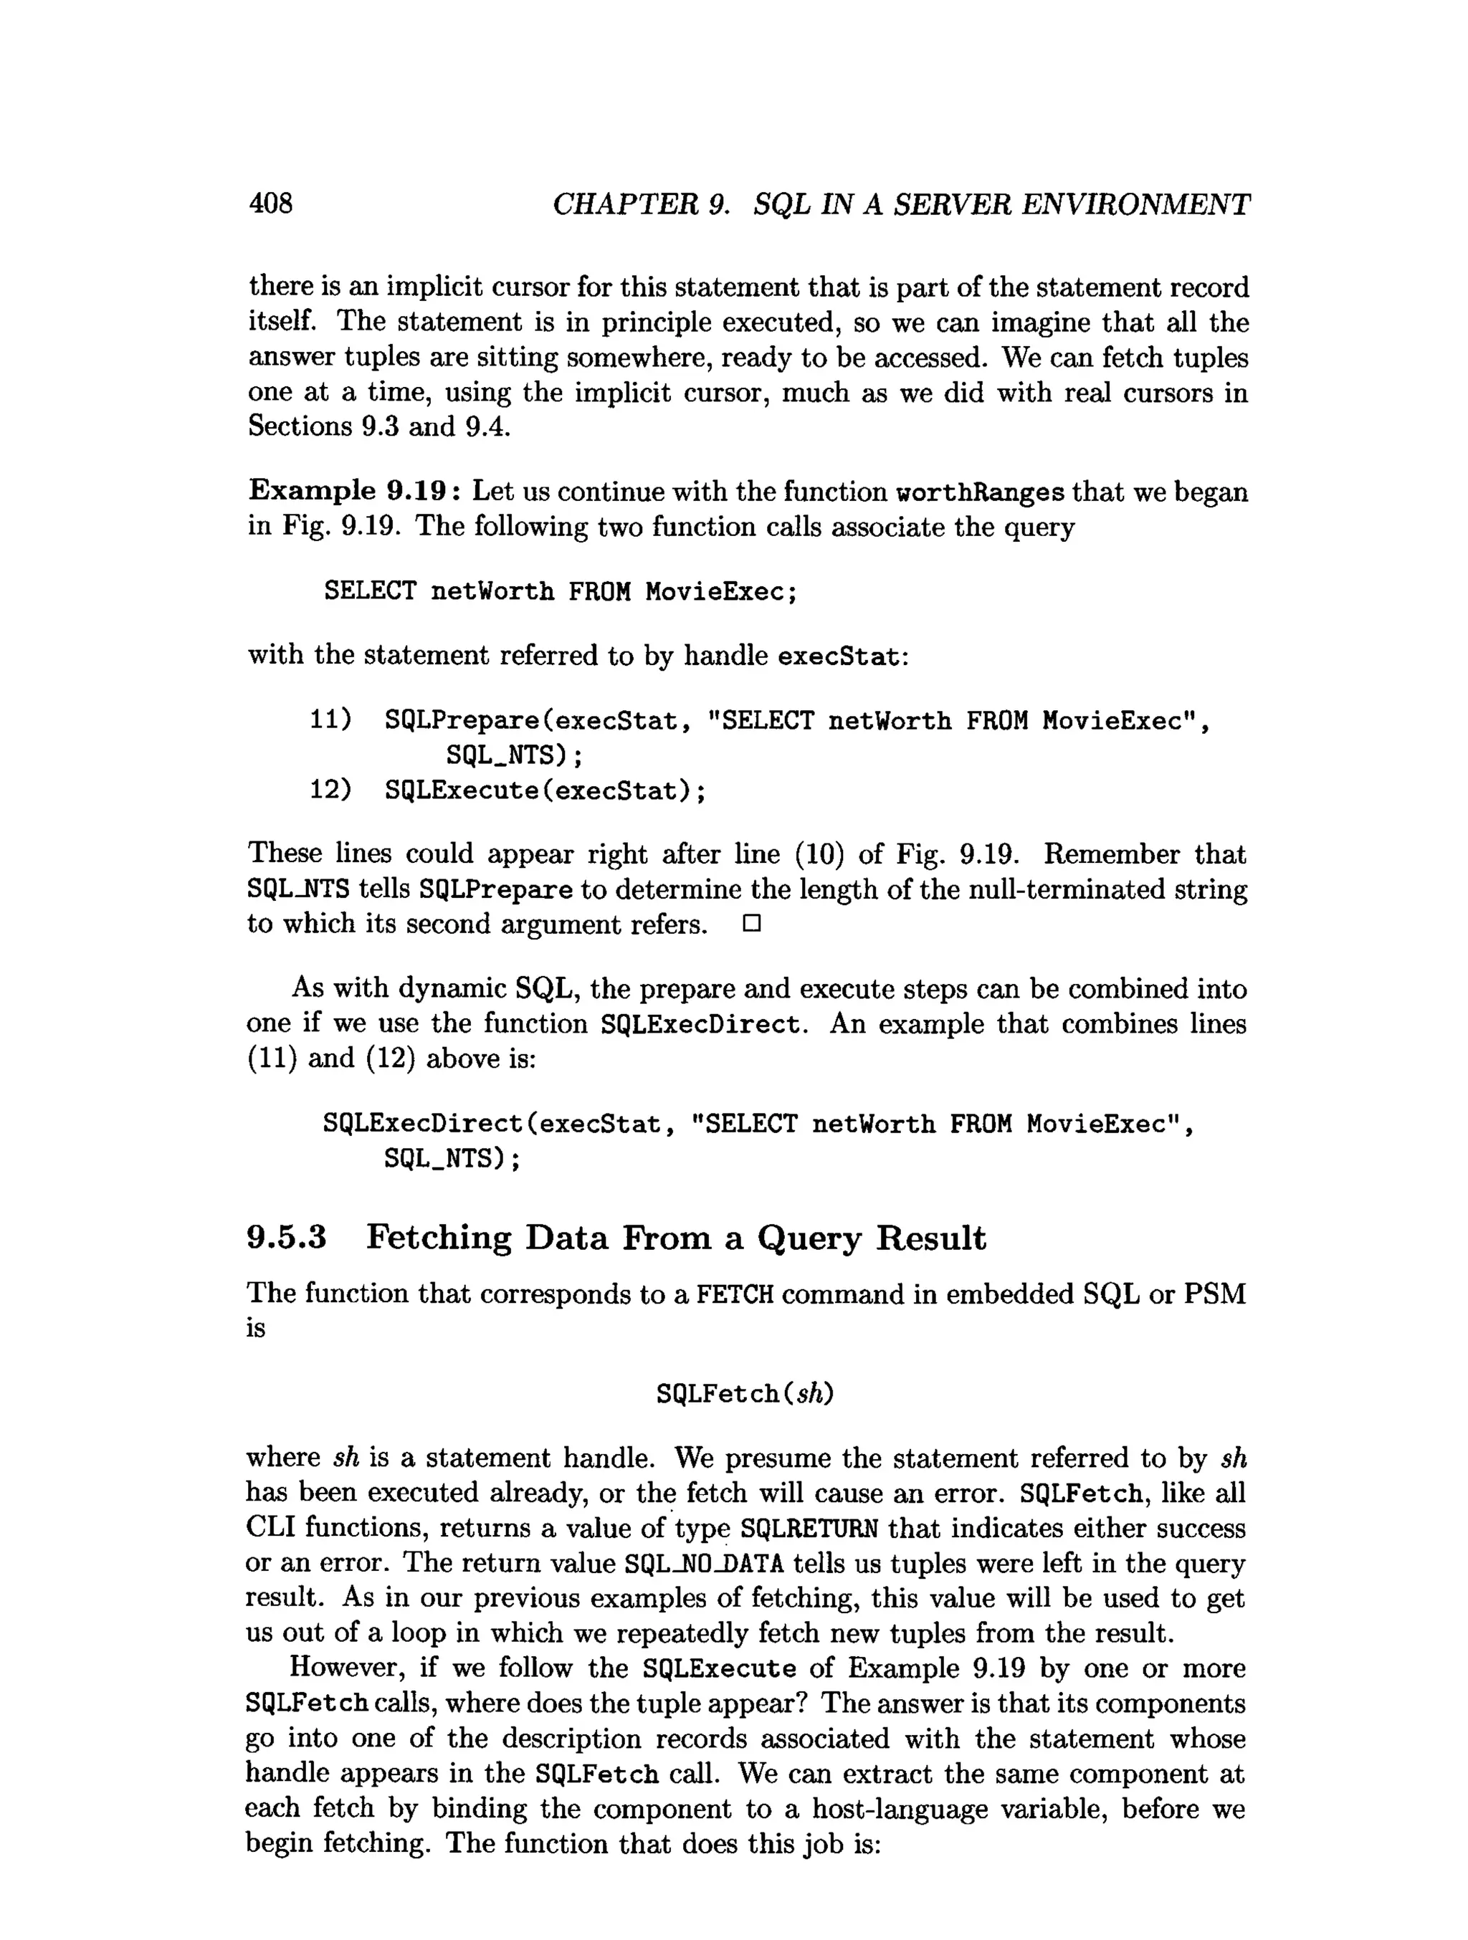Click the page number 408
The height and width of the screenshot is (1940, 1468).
271,204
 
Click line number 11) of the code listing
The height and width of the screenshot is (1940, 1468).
330,720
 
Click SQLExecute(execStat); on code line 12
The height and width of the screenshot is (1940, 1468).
545,790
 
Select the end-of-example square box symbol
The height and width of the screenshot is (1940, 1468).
750,924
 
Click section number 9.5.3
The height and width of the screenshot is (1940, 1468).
287,1238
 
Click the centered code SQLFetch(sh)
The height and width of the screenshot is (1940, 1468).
745,1392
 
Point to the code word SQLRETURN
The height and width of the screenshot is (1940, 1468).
809,1529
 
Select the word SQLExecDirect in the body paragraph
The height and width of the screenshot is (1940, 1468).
701,1023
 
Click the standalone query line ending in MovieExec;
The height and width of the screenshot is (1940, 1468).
561,591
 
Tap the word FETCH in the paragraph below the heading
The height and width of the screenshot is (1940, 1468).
735,1294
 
